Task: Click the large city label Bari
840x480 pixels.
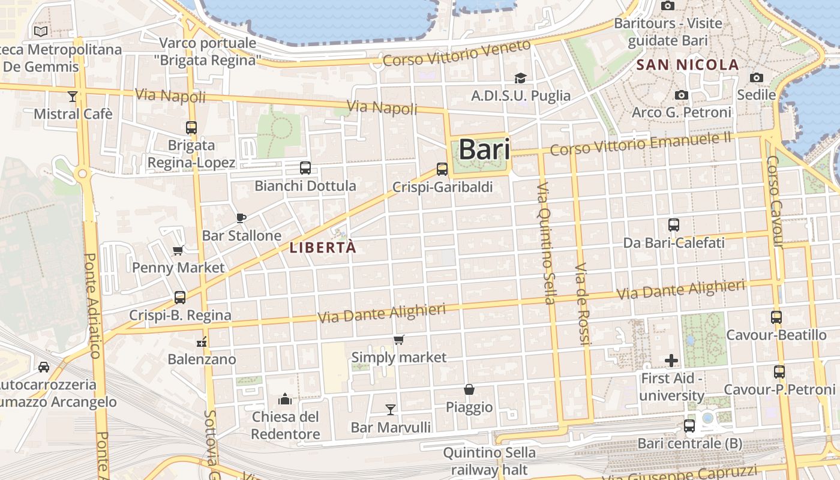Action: click(x=484, y=150)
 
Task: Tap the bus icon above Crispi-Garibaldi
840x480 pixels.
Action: click(x=442, y=169)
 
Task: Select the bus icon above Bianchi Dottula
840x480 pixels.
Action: click(x=305, y=168)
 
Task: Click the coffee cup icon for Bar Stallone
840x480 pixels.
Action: click(x=241, y=218)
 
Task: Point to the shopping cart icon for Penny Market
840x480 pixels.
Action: click(x=178, y=250)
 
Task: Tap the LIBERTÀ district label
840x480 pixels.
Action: click(x=323, y=247)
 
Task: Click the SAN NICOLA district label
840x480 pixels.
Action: click(x=688, y=65)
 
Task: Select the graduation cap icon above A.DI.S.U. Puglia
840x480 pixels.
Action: click(x=520, y=78)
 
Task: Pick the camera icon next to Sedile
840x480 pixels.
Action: click(x=756, y=77)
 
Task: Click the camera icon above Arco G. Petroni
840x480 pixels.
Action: click(x=681, y=95)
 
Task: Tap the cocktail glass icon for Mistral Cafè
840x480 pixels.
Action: click(x=73, y=96)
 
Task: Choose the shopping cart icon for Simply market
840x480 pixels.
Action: click(x=398, y=340)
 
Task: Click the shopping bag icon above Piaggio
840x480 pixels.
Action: click(x=469, y=389)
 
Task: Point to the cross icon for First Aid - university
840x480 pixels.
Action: click(x=671, y=361)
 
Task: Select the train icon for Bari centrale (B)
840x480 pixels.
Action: click(x=689, y=426)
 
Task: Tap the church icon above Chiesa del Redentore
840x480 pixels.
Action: click(x=285, y=398)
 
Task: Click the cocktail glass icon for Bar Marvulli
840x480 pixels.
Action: click(x=391, y=409)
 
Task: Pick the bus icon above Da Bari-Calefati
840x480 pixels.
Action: click(x=674, y=225)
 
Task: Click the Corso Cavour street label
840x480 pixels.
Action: click(x=775, y=202)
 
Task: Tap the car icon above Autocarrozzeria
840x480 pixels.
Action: click(x=44, y=367)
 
